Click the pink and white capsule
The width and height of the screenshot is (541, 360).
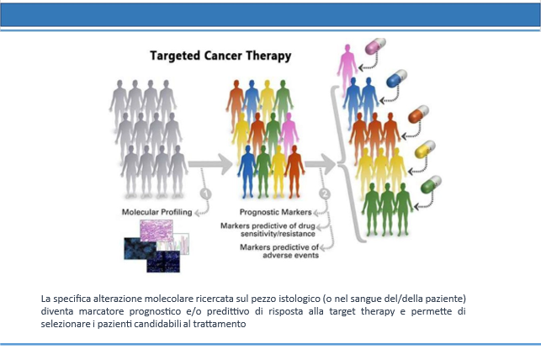pyautogui.click(x=375, y=46)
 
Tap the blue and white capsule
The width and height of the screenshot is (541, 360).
pyautogui.click(x=397, y=78)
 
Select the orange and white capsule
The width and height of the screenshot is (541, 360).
pyautogui.click(x=418, y=114)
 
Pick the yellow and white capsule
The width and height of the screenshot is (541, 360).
pyautogui.click(x=425, y=150)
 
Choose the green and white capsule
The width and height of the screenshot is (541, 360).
pyautogui.click(x=431, y=184)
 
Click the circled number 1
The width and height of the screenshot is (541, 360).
pyautogui.click(x=206, y=193)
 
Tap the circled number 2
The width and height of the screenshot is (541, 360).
pyautogui.click(x=325, y=193)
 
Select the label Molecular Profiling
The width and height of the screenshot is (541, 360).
pyautogui.click(x=156, y=212)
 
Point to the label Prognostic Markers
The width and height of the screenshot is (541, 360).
pyautogui.click(x=276, y=212)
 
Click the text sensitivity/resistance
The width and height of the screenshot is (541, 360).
pyautogui.click(x=278, y=234)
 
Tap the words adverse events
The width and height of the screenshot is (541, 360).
pyautogui.click(x=290, y=256)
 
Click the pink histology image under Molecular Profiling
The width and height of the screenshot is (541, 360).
pyautogui.click(x=156, y=230)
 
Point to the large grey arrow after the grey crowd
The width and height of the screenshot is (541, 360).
pyautogui.click(x=210, y=164)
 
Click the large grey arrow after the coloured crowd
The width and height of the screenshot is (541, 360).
pyautogui.click(x=321, y=164)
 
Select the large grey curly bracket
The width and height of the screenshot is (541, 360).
pyautogui.click(x=340, y=165)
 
